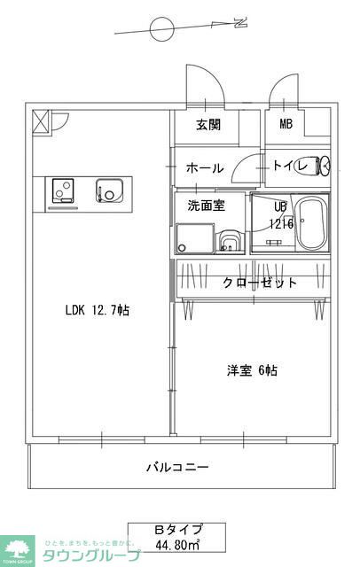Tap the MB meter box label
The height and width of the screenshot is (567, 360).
coord(286,125)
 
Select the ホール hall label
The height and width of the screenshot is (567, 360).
coord(204,167)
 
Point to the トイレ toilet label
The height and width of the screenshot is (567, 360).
coord(289,166)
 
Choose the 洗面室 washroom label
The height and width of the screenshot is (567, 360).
coord(205,206)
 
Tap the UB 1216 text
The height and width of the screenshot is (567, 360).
coord(280,215)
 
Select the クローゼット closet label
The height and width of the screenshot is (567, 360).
coord(259,283)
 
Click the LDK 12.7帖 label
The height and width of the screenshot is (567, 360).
coord(98,310)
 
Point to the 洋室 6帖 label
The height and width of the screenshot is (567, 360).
coord(250,370)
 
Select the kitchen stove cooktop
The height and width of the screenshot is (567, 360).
coord(63,190)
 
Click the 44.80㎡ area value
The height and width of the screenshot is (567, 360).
coord(178,544)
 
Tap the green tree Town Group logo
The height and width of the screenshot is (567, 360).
coord(16,549)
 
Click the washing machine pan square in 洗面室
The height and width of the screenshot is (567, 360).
coord(195,237)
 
